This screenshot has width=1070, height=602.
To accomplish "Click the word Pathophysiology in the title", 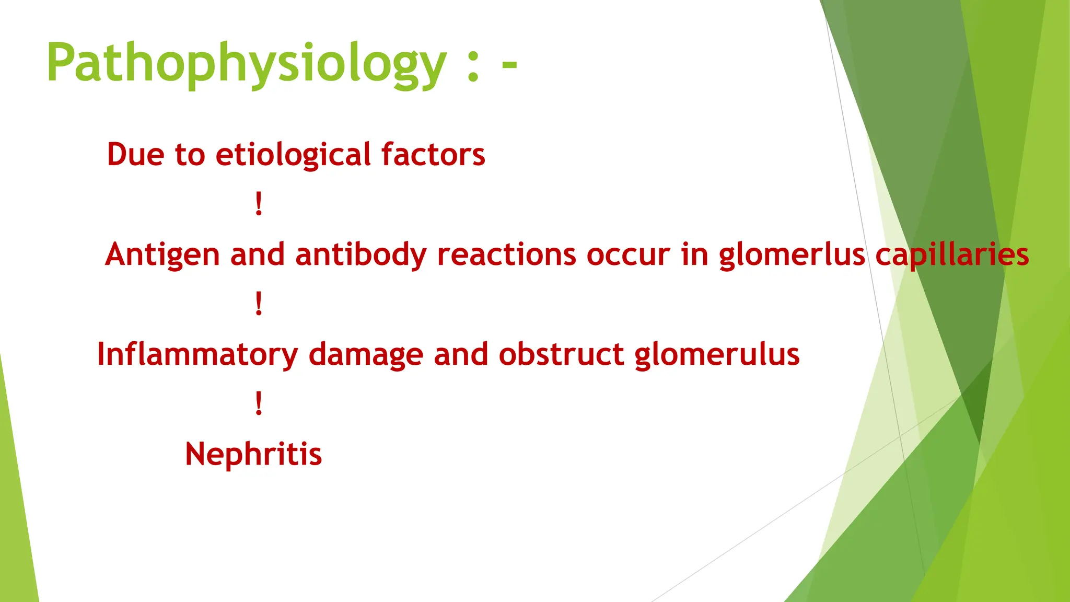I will tap(246, 64).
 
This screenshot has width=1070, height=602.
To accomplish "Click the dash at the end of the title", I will tap(509, 65).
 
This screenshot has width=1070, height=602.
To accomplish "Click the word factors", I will tap(433, 155).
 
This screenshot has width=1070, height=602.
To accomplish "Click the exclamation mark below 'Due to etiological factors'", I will tap(259, 204).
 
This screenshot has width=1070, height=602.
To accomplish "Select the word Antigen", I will tap(162, 256).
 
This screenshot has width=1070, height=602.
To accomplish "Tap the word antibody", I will tap(361, 256).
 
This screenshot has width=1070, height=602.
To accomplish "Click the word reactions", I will tap(506, 255).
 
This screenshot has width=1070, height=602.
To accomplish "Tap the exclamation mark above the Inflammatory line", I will tap(259, 304).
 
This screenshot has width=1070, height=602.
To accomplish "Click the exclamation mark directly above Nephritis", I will tap(259, 403).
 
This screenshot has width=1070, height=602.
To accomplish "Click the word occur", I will tap(627, 256).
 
